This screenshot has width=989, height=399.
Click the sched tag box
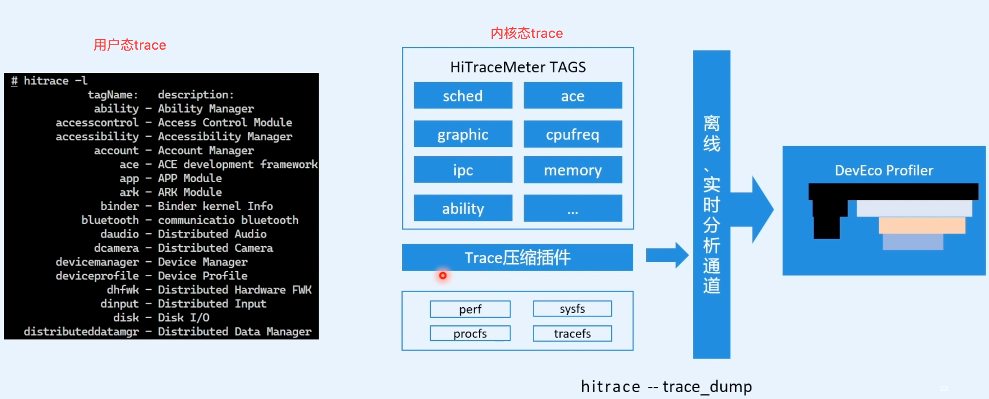click(463, 96)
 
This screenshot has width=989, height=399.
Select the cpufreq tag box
click(572, 134)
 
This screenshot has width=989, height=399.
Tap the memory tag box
click(572, 170)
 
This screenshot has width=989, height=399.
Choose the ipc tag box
click(463, 170)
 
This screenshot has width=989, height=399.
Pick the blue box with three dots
click(572, 208)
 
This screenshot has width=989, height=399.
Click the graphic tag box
click(463, 134)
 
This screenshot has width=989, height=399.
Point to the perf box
click(470, 309)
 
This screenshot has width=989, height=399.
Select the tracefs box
click(572, 333)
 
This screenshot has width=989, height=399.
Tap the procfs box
click(470, 333)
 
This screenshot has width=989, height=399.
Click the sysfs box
click(572, 309)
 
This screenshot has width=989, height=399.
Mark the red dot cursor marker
click(443, 276)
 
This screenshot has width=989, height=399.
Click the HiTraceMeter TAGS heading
click(518, 67)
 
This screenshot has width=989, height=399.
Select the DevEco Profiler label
click(884, 170)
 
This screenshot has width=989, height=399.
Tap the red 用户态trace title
click(130, 45)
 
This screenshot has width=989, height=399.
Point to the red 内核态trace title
click(527, 33)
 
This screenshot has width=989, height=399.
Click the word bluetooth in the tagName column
click(110, 220)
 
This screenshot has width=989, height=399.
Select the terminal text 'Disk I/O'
click(184, 317)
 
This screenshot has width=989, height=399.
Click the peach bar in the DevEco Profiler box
click(922, 225)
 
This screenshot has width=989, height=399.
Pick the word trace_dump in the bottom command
click(707, 386)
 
